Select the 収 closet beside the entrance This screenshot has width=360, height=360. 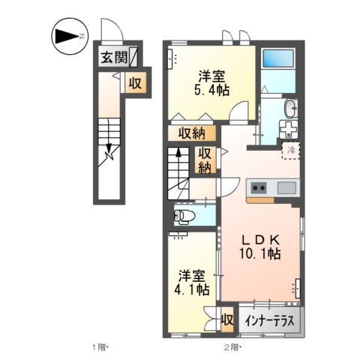click(135, 82)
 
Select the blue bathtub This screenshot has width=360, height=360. click(280, 60)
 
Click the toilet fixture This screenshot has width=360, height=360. click(183, 217)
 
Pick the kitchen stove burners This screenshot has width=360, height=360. click(259, 187)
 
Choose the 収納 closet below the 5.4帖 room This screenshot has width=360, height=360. click(193, 133)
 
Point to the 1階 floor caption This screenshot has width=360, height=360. click(100, 347)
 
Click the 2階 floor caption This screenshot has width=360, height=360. click(231, 347)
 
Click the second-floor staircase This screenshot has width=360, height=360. click(179, 172)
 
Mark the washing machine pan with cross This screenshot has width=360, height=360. click(289, 130)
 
